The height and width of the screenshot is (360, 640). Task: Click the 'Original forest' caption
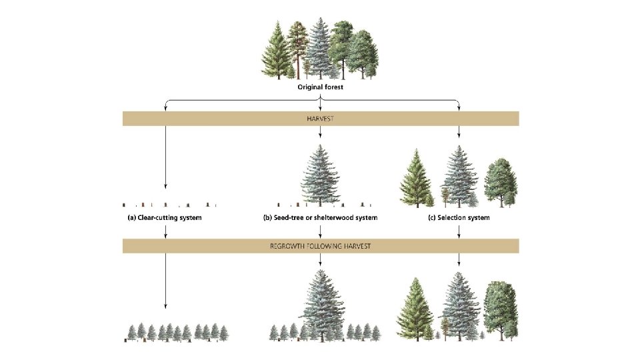(x=321, y=87)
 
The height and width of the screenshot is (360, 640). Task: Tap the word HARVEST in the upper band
(x=321, y=119)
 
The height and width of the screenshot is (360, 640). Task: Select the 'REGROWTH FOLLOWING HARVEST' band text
(x=321, y=247)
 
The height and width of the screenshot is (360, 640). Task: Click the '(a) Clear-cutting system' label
(x=165, y=218)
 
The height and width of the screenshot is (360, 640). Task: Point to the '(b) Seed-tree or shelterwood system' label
(x=321, y=218)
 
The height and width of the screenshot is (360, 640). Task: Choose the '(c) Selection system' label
(x=459, y=218)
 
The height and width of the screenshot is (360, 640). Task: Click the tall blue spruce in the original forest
(x=321, y=47)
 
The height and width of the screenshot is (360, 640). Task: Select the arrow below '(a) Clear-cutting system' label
(x=165, y=231)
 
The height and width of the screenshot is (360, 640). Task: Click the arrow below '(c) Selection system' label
(x=459, y=231)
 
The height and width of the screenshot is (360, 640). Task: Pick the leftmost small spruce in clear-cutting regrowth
(x=131, y=332)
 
